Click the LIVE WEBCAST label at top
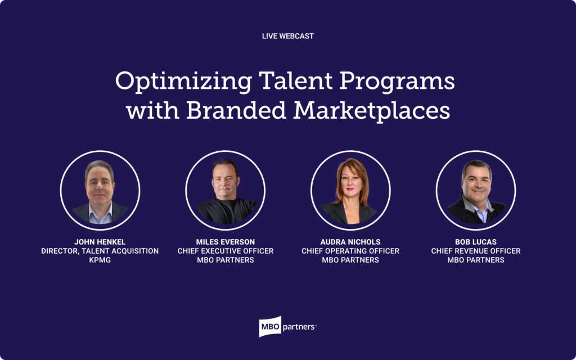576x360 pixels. (x=287, y=36)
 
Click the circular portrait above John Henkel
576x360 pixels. (x=100, y=190)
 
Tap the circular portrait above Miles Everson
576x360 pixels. (x=225, y=190)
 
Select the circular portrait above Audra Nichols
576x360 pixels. (x=350, y=190)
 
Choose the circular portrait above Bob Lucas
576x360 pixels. (x=476, y=190)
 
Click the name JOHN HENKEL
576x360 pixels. (x=100, y=242)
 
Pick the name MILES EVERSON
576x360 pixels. (x=225, y=242)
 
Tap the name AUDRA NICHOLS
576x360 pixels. (x=350, y=242)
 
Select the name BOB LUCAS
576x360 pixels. (x=476, y=242)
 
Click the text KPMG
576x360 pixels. (x=100, y=260)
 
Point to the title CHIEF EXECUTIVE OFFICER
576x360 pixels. (x=225, y=251)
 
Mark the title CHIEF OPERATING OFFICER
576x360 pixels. (x=350, y=251)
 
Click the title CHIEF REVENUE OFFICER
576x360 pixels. (x=476, y=251)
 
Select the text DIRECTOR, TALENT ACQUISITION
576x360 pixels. (x=100, y=251)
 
